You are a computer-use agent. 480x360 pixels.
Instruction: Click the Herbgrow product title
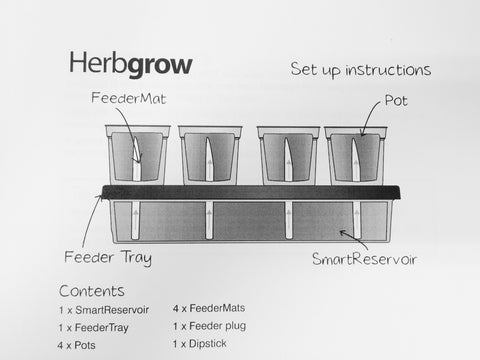pyautogui.click(x=131, y=64)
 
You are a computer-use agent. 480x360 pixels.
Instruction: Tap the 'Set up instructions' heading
pyautogui.click(x=361, y=70)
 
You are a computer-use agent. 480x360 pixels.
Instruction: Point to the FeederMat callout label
pyautogui.click(x=129, y=98)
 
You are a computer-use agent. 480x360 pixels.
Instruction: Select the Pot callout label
pyautogui.click(x=396, y=100)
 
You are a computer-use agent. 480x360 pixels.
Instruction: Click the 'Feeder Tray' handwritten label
pyautogui.click(x=108, y=257)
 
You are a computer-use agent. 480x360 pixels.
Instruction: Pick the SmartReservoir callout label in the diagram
pyautogui.click(x=364, y=259)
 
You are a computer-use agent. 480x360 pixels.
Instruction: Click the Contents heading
pyautogui.click(x=92, y=291)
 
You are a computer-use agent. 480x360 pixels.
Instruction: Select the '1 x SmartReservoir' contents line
pyautogui.click(x=104, y=310)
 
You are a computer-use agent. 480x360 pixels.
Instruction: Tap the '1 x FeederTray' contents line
pyautogui.click(x=94, y=328)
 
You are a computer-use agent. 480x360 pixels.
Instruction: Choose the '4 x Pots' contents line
pyautogui.click(x=76, y=345)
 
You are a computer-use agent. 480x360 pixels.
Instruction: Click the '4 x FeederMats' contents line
pyautogui.click(x=209, y=308)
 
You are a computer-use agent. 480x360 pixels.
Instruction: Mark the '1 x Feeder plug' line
pyautogui.click(x=209, y=326)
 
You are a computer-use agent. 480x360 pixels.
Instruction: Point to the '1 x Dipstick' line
pyautogui.click(x=199, y=344)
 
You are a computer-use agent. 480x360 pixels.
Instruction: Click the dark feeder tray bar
pyautogui.click(x=251, y=193)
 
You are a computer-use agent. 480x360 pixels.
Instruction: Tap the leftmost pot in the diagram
pyautogui.click(x=138, y=155)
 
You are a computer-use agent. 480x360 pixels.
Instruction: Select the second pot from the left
pyautogui.click(x=210, y=155)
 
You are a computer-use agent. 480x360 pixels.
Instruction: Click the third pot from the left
pyautogui.click(x=288, y=156)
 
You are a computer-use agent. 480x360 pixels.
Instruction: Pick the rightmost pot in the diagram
pyautogui.click(x=356, y=156)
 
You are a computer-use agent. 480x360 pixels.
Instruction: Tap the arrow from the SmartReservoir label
pyautogui.click(x=355, y=239)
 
